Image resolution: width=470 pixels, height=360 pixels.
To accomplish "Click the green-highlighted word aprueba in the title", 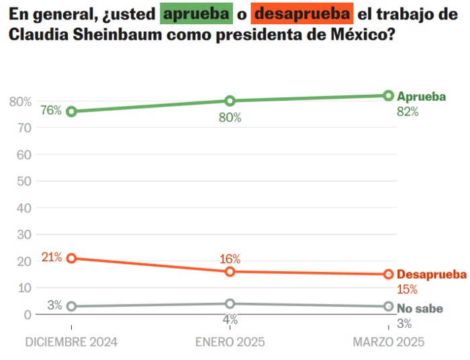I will (x=196, y=13).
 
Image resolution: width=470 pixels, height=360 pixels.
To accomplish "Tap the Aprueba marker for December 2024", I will (x=71, y=111).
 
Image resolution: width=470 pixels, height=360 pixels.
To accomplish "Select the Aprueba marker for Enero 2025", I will (x=230, y=101).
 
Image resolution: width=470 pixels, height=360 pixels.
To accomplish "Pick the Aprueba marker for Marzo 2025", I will (x=389, y=95).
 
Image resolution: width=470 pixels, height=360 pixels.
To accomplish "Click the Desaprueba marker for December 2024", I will (x=71, y=258).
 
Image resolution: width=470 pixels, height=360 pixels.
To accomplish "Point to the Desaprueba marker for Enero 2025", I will (x=230, y=271).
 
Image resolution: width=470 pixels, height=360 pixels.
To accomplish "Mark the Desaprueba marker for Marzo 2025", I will (x=389, y=274).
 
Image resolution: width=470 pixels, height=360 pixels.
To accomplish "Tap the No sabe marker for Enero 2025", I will (x=230, y=304).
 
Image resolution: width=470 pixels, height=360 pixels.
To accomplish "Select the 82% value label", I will (x=408, y=112).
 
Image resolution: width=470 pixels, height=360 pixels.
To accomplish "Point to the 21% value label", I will (x=52, y=257).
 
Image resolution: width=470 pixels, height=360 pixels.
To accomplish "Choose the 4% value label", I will (x=230, y=320).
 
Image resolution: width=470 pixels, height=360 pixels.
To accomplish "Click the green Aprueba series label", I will (x=422, y=96).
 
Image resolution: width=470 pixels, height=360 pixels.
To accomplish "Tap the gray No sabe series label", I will (x=420, y=309).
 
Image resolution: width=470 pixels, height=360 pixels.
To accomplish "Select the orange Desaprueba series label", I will (x=431, y=275).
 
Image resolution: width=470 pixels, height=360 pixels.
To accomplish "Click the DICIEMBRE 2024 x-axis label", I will (x=71, y=342).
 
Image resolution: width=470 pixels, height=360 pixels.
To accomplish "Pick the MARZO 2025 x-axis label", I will (x=389, y=342).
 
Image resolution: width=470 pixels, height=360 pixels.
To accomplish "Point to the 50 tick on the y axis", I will (x=23, y=181).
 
